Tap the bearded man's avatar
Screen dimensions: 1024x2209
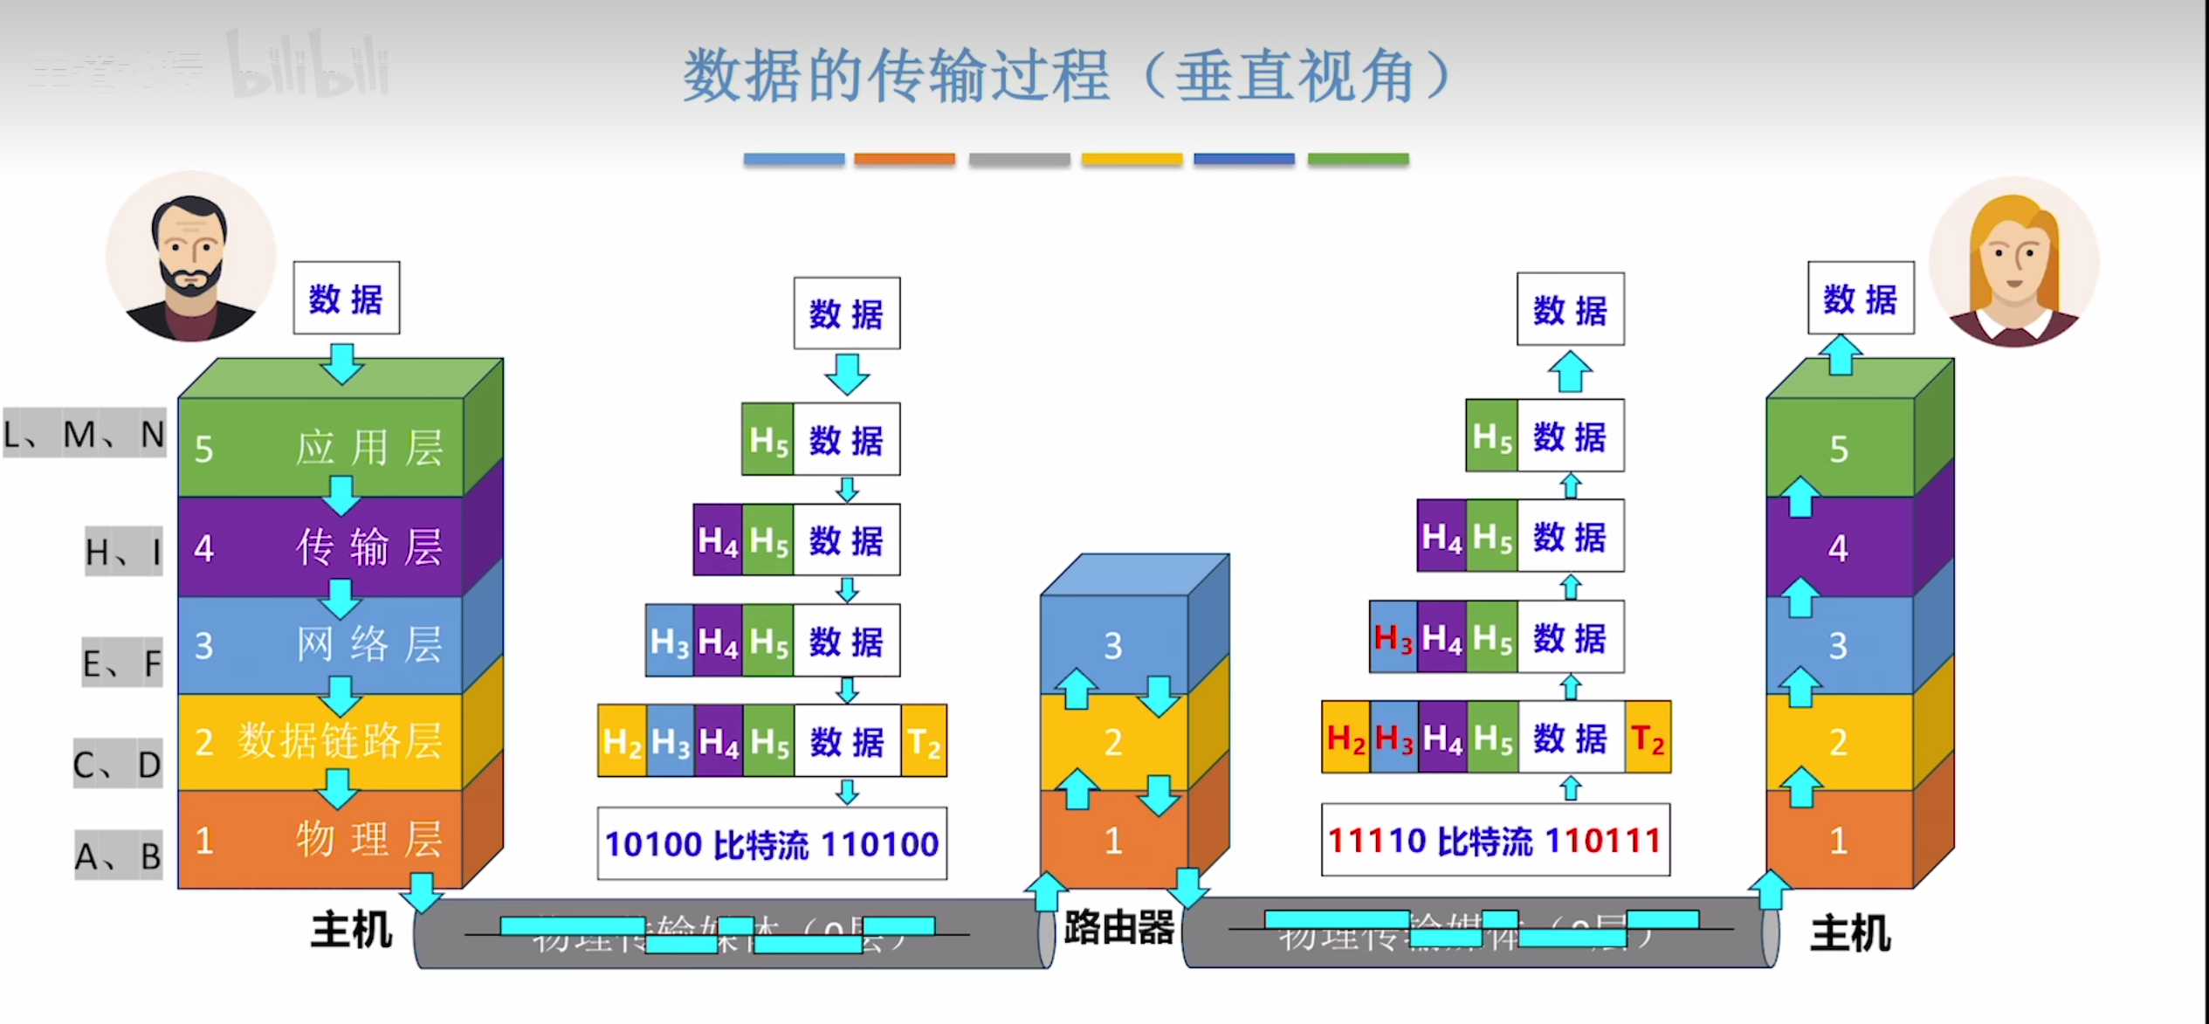(x=191, y=257)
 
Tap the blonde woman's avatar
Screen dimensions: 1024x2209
(x=2013, y=262)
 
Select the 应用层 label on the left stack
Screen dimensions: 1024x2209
(x=368, y=449)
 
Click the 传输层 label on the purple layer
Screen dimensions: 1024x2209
(x=368, y=548)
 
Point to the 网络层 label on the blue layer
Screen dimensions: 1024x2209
(x=368, y=646)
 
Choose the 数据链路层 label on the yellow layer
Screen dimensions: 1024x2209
(x=341, y=742)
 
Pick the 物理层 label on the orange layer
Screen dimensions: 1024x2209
(x=368, y=840)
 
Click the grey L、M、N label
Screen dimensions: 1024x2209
(x=85, y=434)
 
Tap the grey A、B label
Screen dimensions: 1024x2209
(x=119, y=856)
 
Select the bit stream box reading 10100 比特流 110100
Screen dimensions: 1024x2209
(x=772, y=844)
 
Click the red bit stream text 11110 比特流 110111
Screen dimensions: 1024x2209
(x=1495, y=841)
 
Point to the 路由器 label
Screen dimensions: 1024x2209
(x=1119, y=928)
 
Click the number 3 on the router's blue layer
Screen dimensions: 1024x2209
(x=1112, y=646)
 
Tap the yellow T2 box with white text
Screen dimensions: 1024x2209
(x=924, y=742)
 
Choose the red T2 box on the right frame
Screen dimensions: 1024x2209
(x=1648, y=739)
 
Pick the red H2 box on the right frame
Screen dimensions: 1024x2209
(x=1345, y=739)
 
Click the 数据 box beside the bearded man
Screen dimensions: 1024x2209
(x=347, y=299)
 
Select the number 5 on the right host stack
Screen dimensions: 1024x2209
(x=1839, y=449)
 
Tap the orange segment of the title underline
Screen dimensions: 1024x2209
(x=905, y=159)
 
